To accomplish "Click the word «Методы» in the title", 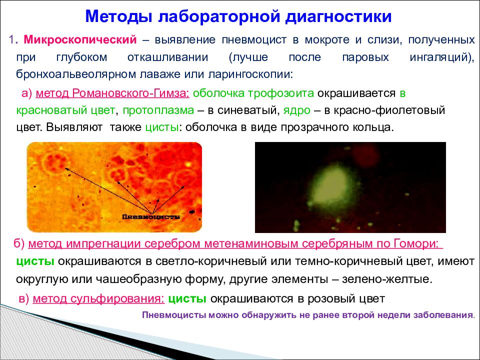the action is [118, 17].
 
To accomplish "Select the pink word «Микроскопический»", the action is [80, 40].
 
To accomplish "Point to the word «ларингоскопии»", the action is [250, 74].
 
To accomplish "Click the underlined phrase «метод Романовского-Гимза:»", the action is [112, 93].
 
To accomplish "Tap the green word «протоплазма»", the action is [158, 110].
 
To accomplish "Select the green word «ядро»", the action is [296, 110].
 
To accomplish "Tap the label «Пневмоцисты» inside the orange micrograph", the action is [151, 217].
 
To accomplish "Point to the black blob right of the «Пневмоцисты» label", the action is [192, 211].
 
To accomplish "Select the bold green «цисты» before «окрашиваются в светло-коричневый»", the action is [35, 261].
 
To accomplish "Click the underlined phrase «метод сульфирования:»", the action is [98, 298].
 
